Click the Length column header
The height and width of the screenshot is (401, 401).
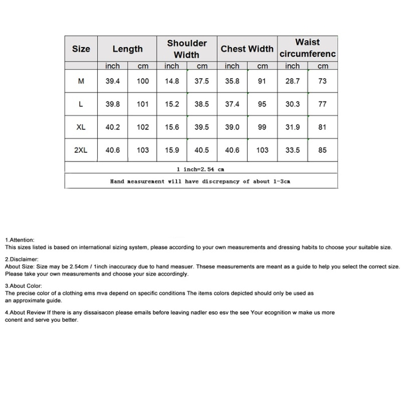tap(127, 49)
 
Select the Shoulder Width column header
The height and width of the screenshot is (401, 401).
tap(187, 49)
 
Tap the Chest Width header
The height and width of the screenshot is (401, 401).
tap(247, 49)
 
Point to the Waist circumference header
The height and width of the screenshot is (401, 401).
tap(307, 48)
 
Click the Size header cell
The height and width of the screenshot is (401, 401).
tap(81, 49)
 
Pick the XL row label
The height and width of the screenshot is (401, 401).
tap(81, 127)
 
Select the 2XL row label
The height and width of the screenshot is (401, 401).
tap(81, 150)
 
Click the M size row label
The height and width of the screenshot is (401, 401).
tap(81, 81)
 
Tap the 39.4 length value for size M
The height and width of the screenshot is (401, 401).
tap(112, 81)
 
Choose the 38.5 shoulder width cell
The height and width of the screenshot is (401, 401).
tap(202, 104)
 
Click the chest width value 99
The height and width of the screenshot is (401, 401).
tap(262, 127)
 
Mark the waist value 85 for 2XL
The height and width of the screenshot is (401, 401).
tap(322, 150)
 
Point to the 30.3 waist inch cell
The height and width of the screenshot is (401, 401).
tap(292, 104)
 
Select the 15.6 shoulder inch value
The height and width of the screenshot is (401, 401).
tap(172, 127)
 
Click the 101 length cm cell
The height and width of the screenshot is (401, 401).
tap(142, 104)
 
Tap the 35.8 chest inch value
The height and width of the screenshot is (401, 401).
tap(232, 81)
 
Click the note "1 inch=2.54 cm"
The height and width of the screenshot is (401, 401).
tap(200, 169)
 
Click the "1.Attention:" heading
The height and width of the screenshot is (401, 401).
tap(20, 240)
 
